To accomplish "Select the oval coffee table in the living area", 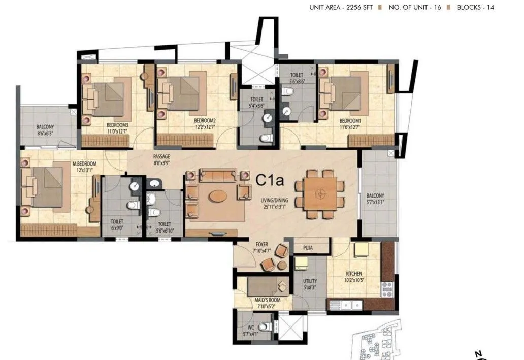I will pos(218,195).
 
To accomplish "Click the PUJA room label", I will pos(307,248).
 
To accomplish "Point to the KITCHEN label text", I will pos(354,274).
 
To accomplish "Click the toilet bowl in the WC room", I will pos(264,327).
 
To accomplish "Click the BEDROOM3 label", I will pos(117,125).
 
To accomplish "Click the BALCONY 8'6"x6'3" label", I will pos(45,130).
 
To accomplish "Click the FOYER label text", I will pos(261,244).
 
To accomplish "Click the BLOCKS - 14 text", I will pos(475,7).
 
